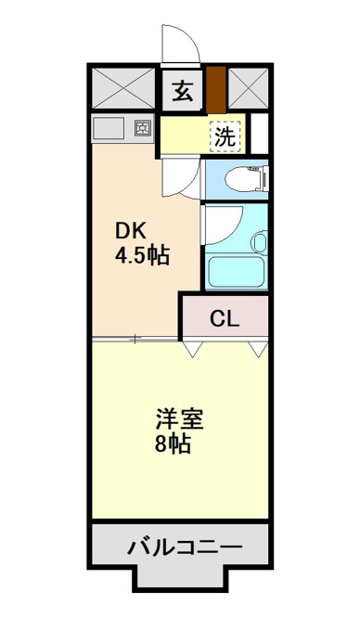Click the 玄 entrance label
(182, 91)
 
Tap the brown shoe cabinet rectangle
(216, 90)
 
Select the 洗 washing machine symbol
(225, 137)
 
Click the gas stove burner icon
(142, 129)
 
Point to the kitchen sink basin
(109, 128)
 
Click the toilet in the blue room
(246, 179)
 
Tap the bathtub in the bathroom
(236, 272)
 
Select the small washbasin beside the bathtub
(260, 242)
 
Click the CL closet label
(225, 319)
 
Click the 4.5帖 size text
(142, 255)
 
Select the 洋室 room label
(180, 419)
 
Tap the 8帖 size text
(173, 444)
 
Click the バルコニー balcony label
(186, 547)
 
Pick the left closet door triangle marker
(192, 349)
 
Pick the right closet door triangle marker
(257, 349)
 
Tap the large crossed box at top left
(123, 88)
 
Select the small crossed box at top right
(248, 88)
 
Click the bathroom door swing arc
(234, 229)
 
